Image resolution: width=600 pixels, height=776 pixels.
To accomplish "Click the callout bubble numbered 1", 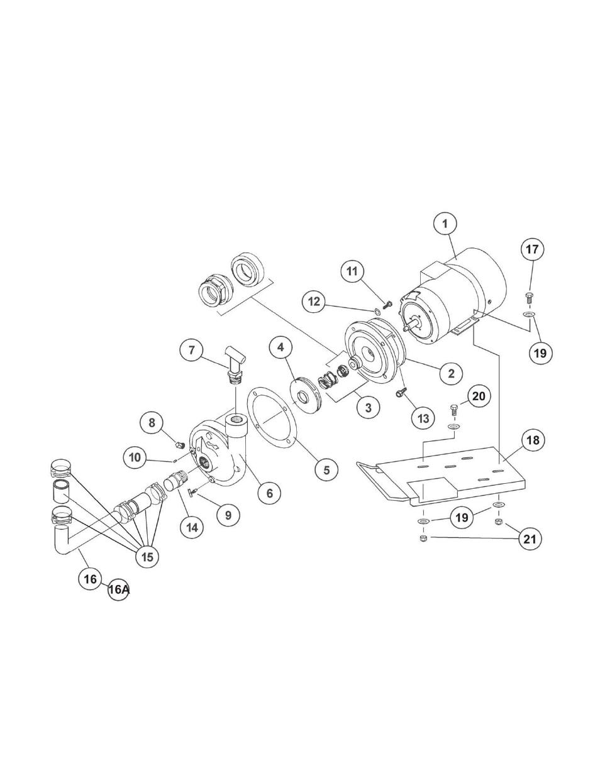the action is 445,224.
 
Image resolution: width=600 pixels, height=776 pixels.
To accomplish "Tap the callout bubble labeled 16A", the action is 118,589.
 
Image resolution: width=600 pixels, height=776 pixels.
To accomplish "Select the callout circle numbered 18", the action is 533,440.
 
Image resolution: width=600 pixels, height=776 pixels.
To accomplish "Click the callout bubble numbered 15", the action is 147,557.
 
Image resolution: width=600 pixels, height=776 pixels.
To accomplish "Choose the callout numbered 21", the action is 530,539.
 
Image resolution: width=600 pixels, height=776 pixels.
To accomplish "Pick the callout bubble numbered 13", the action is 423,418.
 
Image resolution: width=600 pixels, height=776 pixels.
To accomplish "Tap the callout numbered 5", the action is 327,469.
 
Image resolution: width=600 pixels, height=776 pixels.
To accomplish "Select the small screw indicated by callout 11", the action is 386,305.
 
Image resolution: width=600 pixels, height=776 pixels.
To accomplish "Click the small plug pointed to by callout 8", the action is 180,445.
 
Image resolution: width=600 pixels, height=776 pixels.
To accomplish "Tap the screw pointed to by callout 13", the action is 400,393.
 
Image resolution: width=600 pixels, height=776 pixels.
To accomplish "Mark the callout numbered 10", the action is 135,457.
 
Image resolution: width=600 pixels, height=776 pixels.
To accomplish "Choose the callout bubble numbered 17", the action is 532,249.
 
